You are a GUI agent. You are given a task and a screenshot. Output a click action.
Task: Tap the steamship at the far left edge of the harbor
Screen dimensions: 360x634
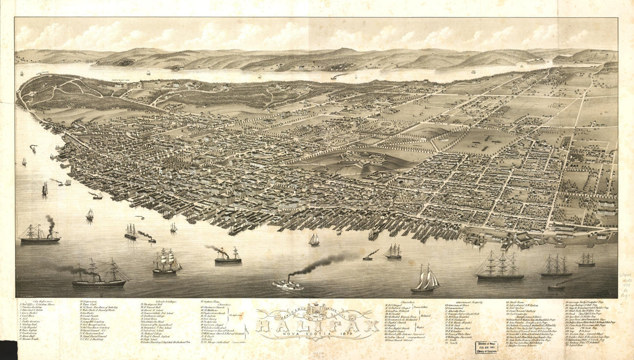pyautogui.click(x=39, y=234)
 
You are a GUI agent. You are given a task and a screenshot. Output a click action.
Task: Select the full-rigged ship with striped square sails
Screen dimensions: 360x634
pyautogui.click(x=167, y=262)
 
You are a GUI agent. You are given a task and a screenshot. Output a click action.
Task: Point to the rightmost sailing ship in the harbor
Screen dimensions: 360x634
pyautogui.click(x=587, y=260)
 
